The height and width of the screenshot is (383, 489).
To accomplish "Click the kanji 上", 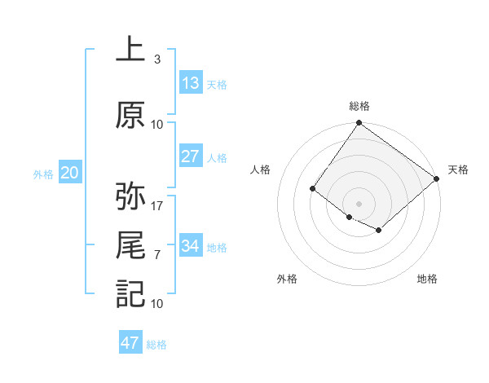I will tap(130, 49).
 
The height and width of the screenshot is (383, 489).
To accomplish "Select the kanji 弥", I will tap(130, 196).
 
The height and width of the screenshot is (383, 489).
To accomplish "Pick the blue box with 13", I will tap(191, 83).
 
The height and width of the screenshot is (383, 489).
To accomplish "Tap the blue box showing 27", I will tap(191, 156).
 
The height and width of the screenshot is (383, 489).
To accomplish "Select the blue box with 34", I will tap(191, 245).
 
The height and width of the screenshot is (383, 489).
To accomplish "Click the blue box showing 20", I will tap(70, 173).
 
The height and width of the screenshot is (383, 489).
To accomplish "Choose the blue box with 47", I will tap(130, 343).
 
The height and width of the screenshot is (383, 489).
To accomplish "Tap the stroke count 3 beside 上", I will tap(156, 59).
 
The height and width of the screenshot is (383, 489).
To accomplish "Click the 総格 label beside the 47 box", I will tap(156, 345).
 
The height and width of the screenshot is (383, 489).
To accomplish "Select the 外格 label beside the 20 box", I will tap(43, 174).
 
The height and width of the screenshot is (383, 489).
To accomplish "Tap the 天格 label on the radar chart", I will tap(458, 169).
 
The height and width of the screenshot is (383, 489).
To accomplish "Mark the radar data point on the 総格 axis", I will tap(359, 124).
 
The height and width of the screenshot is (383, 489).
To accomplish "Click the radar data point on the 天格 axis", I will tap(437, 178).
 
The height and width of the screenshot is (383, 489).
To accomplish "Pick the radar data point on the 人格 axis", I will tap(312, 188).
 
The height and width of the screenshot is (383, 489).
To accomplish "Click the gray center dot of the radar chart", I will tap(359, 203).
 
